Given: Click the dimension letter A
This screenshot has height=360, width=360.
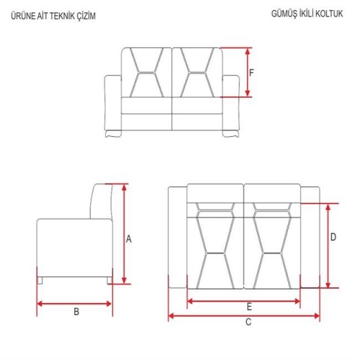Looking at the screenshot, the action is point(129,239).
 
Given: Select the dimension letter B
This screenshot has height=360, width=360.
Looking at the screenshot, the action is point(76,312).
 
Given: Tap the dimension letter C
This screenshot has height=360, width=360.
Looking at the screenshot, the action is point(248,322).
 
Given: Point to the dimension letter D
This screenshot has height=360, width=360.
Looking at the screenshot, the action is point(333,237).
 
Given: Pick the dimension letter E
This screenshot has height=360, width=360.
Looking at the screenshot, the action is point(249,307).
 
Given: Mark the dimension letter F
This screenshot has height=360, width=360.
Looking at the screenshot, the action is point(251,73).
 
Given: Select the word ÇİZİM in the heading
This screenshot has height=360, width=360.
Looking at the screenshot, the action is point(86,16).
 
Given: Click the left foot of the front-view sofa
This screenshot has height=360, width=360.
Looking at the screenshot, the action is point(113,134).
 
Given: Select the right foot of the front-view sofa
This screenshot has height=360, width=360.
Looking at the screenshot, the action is point(230,134).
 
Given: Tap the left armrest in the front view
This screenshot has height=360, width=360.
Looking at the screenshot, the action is point(113,103).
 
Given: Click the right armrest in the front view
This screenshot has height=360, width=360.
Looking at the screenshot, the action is point(231,103).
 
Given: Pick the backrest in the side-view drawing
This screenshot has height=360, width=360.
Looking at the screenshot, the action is point(102,201).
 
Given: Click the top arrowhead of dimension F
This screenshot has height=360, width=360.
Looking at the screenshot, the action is point(248,51).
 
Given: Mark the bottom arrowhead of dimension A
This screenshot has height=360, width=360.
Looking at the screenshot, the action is point(124,280).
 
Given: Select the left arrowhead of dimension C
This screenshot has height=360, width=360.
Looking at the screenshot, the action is point(171,316).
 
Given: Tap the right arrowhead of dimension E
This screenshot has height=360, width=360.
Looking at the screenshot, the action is point(297,301).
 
